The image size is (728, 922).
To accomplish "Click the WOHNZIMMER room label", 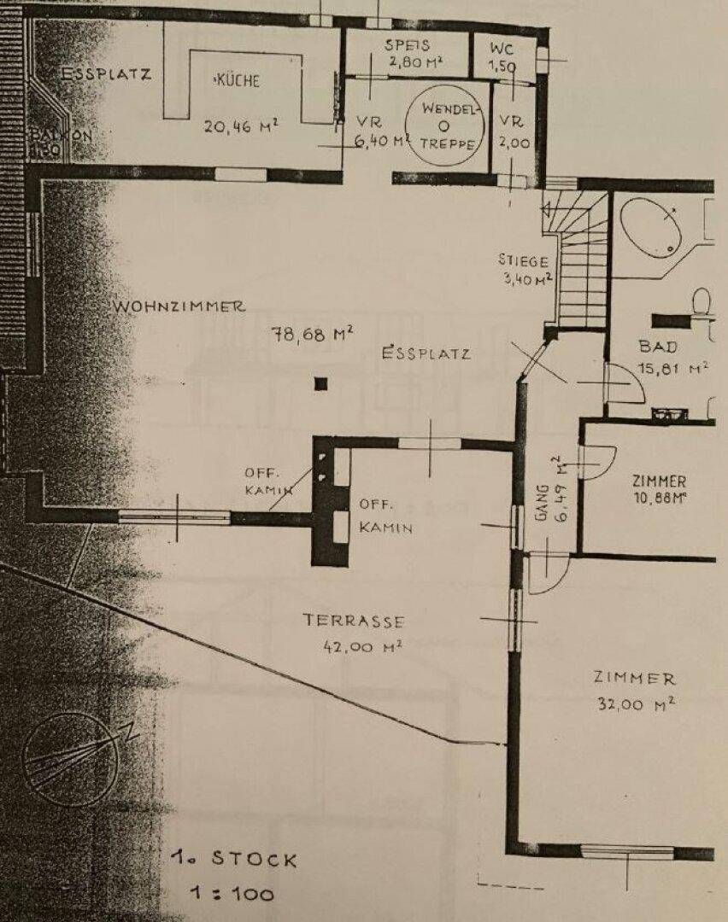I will tap(178, 306).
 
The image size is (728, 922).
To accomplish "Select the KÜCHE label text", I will tap(233, 81).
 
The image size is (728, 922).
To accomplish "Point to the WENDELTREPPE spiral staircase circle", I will tap(443, 125).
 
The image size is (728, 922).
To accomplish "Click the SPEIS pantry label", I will tap(406, 46).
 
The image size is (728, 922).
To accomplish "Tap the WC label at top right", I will tap(502, 48).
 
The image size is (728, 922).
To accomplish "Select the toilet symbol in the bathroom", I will tap(702, 302).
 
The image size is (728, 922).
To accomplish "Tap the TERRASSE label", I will tap(353, 621).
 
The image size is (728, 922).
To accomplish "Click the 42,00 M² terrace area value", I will tap(353, 646).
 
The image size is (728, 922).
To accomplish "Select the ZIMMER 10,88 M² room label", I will tap(659, 488).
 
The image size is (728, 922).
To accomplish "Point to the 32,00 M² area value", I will tap(635, 704).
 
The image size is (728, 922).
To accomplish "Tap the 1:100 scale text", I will tap(233, 894).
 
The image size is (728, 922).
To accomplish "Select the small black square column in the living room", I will tap(320, 384).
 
